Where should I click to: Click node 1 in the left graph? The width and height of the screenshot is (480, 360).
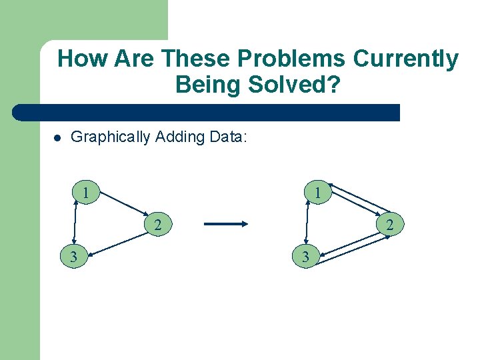(87, 193)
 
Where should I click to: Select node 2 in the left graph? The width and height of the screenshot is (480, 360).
(157, 225)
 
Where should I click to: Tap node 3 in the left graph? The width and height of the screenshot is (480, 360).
(73, 256)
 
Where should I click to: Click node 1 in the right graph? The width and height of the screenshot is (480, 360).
(319, 193)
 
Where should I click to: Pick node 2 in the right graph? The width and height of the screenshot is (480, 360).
(390, 225)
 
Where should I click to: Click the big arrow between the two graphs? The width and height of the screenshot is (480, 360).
(225, 225)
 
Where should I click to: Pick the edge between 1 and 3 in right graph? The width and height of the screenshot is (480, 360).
(308, 224)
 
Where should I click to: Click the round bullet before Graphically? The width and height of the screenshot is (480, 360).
(58, 139)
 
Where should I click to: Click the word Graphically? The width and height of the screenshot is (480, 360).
(111, 137)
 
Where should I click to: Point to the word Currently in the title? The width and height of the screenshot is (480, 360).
(406, 59)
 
